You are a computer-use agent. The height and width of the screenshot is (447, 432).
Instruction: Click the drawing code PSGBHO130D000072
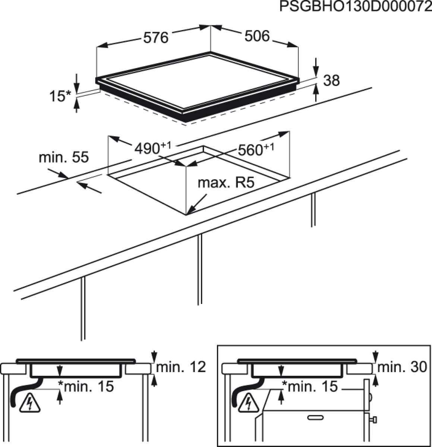pos(356,7)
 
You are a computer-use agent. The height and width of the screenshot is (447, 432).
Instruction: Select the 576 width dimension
pos(156,38)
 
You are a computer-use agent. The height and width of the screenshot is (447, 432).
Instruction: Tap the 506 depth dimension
pos(257,36)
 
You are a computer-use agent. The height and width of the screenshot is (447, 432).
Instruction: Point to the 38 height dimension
pos(331,80)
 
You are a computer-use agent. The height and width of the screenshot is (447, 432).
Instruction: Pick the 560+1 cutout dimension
pos(256,149)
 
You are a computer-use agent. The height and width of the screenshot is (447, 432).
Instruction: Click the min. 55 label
pos(64,157)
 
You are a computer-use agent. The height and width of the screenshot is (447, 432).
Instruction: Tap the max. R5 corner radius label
pos(226,183)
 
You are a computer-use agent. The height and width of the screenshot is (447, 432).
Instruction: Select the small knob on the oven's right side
pos(373,420)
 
